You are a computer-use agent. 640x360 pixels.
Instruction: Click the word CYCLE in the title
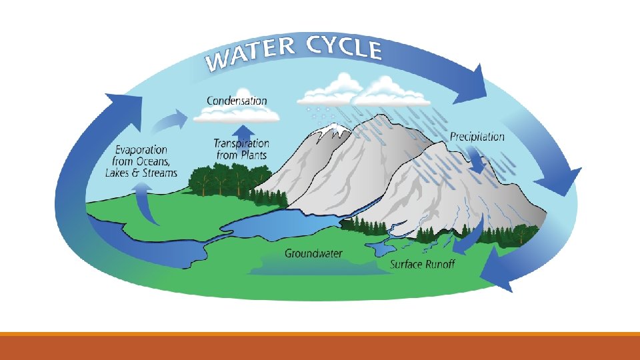pyautogui.click(x=344, y=48)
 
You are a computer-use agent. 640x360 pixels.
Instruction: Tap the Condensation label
pyautogui.click(x=237, y=101)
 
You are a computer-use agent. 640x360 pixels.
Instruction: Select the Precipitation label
pyautogui.click(x=477, y=137)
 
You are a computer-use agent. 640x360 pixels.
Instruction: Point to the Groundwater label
pyautogui.click(x=313, y=253)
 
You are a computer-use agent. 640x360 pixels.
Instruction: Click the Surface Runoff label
pyautogui.click(x=422, y=265)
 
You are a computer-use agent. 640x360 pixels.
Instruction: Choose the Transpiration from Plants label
pyautogui.click(x=241, y=149)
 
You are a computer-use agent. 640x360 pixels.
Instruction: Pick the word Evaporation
pyautogui.click(x=141, y=150)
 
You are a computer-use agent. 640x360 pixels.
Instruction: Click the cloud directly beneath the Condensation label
pyautogui.click(x=236, y=116)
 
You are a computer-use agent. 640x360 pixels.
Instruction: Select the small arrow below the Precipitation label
pyautogui.click(x=478, y=160)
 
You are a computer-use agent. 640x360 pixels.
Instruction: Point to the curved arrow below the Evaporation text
pyautogui.click(x=145, y=203)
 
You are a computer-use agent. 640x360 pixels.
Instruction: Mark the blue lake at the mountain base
pyautogui.click(x=287, y=223)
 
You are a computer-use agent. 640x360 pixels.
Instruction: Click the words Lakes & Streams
pyautogui.click(x=141, y=173)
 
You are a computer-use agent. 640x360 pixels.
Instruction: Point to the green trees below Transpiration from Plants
pyautogui.click(x=220, y=179)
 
